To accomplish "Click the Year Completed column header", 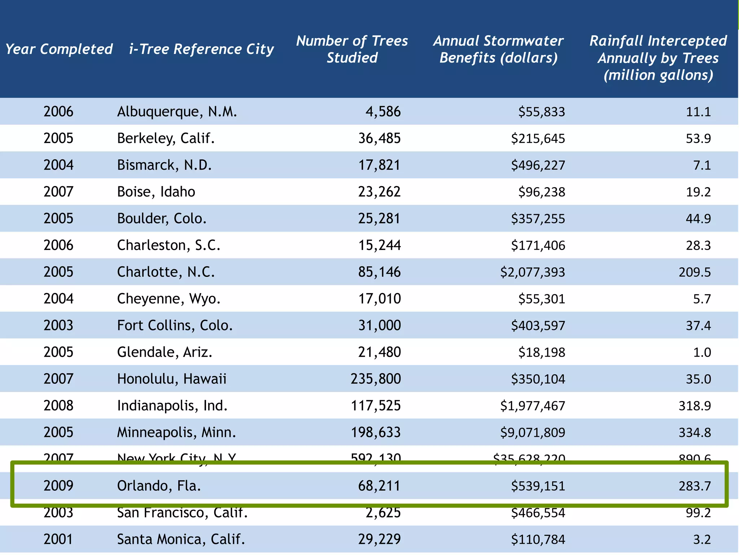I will coord(59,49).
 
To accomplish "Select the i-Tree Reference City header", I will coord(201,49).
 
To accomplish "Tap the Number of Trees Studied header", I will coord(352,49).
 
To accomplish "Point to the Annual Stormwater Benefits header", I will coord(498,49).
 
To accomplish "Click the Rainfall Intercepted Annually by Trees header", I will coord(658,58).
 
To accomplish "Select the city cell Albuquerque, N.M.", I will coord(177,112).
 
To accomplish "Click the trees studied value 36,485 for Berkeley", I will coord(379,138).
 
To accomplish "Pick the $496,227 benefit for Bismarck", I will coord(538,165).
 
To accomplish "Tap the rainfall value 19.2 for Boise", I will coord(698,192).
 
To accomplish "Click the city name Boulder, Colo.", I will coord(162,219).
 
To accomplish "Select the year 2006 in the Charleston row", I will coord(58,245).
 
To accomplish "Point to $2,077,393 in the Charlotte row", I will coord(532,272).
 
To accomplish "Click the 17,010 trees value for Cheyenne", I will coord(379,299).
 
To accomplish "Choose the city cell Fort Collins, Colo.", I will coord(175,326).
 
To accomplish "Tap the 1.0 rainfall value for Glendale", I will coord(702,352).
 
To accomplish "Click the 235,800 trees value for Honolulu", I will coord(376,379).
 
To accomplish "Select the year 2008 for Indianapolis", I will coord(58,406).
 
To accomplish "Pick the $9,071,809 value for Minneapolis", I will coord(532,433).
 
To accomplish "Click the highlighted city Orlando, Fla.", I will coord(159,486).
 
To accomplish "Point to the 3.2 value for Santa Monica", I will coord(702,539).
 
